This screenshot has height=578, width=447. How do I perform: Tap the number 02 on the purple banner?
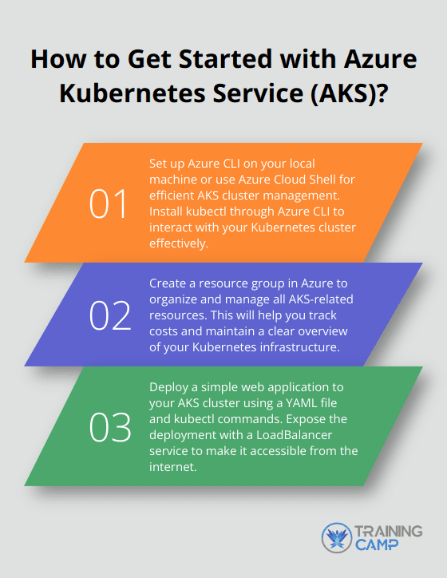point(109,317)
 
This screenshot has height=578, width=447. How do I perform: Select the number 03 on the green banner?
point(109,429)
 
